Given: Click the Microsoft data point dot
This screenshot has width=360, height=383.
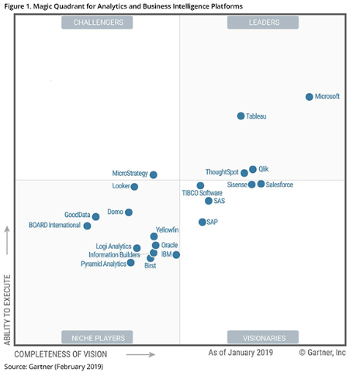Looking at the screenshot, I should [309, 97].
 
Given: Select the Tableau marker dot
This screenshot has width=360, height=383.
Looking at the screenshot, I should [241, 116].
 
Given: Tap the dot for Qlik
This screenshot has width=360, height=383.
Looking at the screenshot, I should [253, 169].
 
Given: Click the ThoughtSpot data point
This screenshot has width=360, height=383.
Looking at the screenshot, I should [244, 173].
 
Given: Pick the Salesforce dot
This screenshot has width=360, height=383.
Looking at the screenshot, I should [261, 184].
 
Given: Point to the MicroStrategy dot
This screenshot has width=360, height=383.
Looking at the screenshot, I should [153, 175].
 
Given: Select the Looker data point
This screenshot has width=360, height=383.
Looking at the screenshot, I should [134, 187].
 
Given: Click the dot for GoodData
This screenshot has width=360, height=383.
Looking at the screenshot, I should [95, 216].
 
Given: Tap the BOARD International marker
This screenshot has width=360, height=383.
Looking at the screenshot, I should [87, 226].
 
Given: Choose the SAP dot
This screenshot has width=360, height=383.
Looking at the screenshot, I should [202, 222].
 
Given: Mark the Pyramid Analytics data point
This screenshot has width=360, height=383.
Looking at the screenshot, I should [130, 263].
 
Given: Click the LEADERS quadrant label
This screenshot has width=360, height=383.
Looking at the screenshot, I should [253, 22].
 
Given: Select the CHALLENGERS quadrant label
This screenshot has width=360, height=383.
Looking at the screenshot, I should [99, 22].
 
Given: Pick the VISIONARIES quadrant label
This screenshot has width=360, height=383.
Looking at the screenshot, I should [253, 337].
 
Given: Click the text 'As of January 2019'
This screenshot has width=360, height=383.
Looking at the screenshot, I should [241, 353].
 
